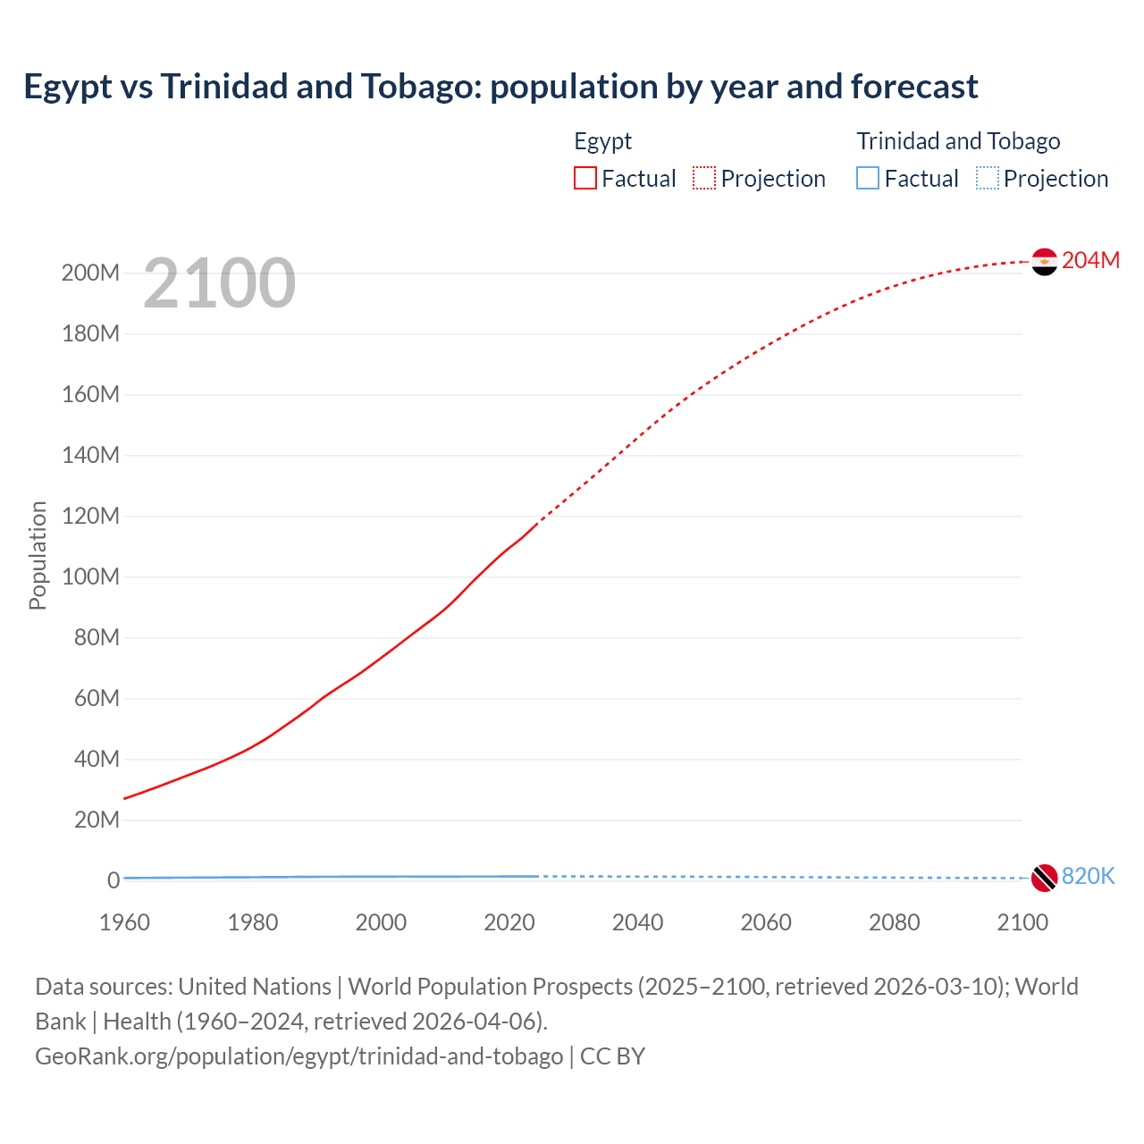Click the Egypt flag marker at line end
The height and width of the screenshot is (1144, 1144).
tap(1044, 262)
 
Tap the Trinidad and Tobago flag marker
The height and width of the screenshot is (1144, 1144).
tap(1044, 878)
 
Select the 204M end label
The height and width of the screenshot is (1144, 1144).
tap(1090, 260)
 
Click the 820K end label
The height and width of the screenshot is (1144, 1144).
tap(1088, 876)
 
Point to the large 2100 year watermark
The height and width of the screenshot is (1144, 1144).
tap(219, 283)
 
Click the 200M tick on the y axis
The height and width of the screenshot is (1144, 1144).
tap(90, 273)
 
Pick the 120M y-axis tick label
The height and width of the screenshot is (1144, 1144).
tap(90, 516)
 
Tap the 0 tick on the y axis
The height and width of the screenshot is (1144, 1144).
tap(113, 880)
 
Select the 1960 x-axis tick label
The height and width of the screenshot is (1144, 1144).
tap(124, 922)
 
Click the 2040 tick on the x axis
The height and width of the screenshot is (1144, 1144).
tap(637, 922)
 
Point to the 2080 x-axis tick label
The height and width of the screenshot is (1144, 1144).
tap(894, 922)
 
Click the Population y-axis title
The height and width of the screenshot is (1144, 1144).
tap(38, 555)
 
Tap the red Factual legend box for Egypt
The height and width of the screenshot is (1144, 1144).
tap(585, 178)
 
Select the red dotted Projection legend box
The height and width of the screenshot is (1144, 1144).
tap(704, 178)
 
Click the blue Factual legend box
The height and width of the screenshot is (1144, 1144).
tap(868, 178)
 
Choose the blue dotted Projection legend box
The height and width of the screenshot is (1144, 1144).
tap(988, 178)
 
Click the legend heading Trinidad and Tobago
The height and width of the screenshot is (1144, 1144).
tap(958, 141)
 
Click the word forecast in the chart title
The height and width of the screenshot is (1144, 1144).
tap(914, 87)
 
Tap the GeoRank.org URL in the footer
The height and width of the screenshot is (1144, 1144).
tap(299, 1056)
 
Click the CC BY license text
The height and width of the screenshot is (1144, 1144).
tap(612, 1056)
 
